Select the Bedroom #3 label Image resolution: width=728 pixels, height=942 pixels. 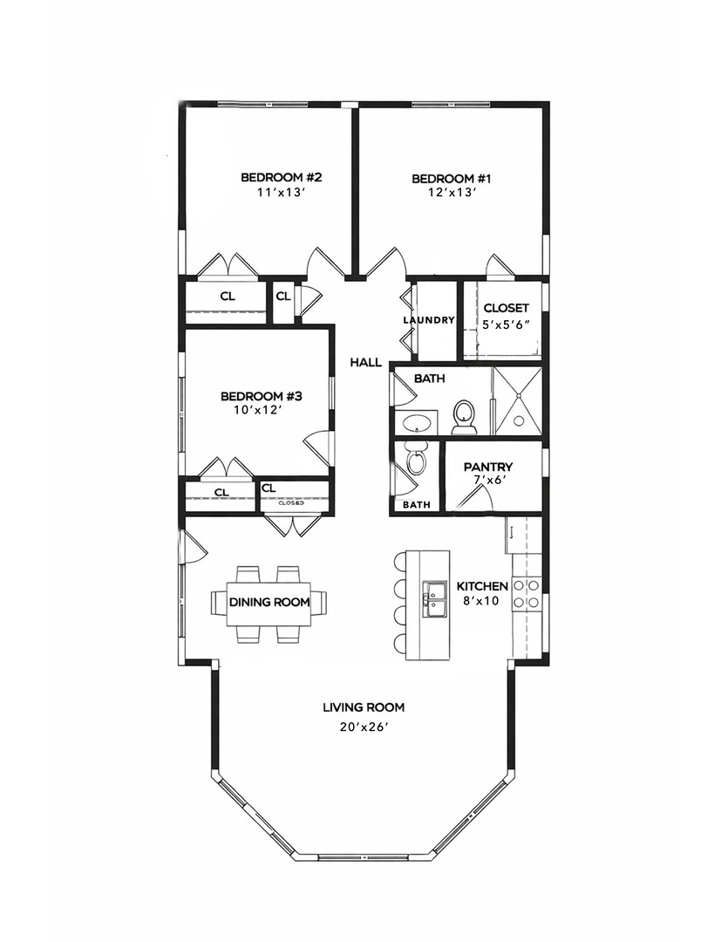point(262,397)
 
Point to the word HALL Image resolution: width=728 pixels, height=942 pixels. point(366,362)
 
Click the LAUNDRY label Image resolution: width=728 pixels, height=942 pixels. point(428,320)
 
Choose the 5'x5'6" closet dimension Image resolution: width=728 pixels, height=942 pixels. point(506,324)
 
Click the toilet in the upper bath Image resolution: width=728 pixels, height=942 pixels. point(464,417)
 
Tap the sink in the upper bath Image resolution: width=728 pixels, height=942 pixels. point(416,423)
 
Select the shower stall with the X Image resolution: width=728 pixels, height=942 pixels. point(517,400)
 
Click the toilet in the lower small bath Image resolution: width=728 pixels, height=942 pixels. point(415,461)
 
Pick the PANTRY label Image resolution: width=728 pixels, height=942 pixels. point(488,467)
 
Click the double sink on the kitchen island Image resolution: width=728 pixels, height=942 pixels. point(433,599)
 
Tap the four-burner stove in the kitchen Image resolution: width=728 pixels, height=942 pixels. point(527,594)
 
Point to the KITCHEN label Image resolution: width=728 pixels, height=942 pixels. point(482,586)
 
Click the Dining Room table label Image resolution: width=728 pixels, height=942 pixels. point(269,602)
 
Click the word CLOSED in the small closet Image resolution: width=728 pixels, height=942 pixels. point(290,503)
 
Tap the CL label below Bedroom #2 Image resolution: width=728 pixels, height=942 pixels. point(228,297)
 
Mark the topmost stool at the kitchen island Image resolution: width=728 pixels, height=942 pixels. point(398,563)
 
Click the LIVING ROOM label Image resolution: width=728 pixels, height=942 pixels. point(364,707)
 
